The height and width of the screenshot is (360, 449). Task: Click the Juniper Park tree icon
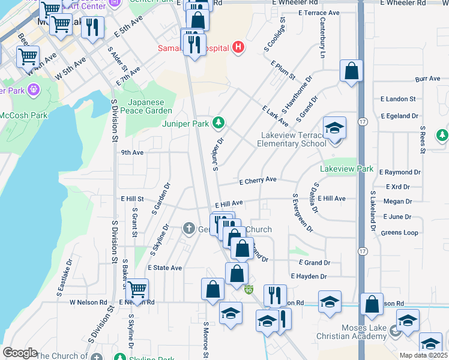coord(219,122)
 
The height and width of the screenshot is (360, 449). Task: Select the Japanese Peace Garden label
coord(149,106)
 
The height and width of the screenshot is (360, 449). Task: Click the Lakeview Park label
coord(346,170)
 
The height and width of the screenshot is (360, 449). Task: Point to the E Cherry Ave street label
coord(258,179)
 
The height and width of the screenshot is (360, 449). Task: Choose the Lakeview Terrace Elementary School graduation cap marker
coord(334,127)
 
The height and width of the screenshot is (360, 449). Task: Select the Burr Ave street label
coord(427,79)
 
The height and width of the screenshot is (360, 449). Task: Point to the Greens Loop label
coord(399,232)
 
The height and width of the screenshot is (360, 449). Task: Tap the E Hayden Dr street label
coord(309,277)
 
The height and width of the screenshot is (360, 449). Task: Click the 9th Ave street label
coord(132,152)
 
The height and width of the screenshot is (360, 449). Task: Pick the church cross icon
coord(188,228)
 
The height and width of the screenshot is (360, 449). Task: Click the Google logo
coord(20,353)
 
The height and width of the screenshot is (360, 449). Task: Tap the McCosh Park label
coord(23,115)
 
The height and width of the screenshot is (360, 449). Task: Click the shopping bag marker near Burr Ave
coord(351,71)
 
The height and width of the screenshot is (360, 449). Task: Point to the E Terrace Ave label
coord(313,13)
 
